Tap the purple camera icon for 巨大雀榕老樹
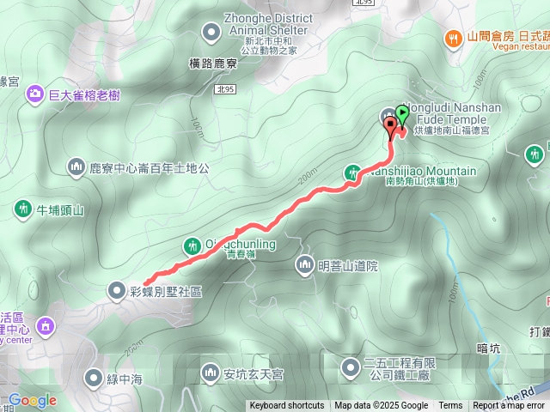[35, 93]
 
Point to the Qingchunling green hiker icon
[191, 246]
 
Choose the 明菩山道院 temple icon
[304, 265]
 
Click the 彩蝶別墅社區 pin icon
[117, 291]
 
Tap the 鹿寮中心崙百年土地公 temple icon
[76, 167]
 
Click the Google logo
[32, 400]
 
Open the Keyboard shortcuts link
[287, 406]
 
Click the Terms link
[450, 406]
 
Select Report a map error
[509, 406]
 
